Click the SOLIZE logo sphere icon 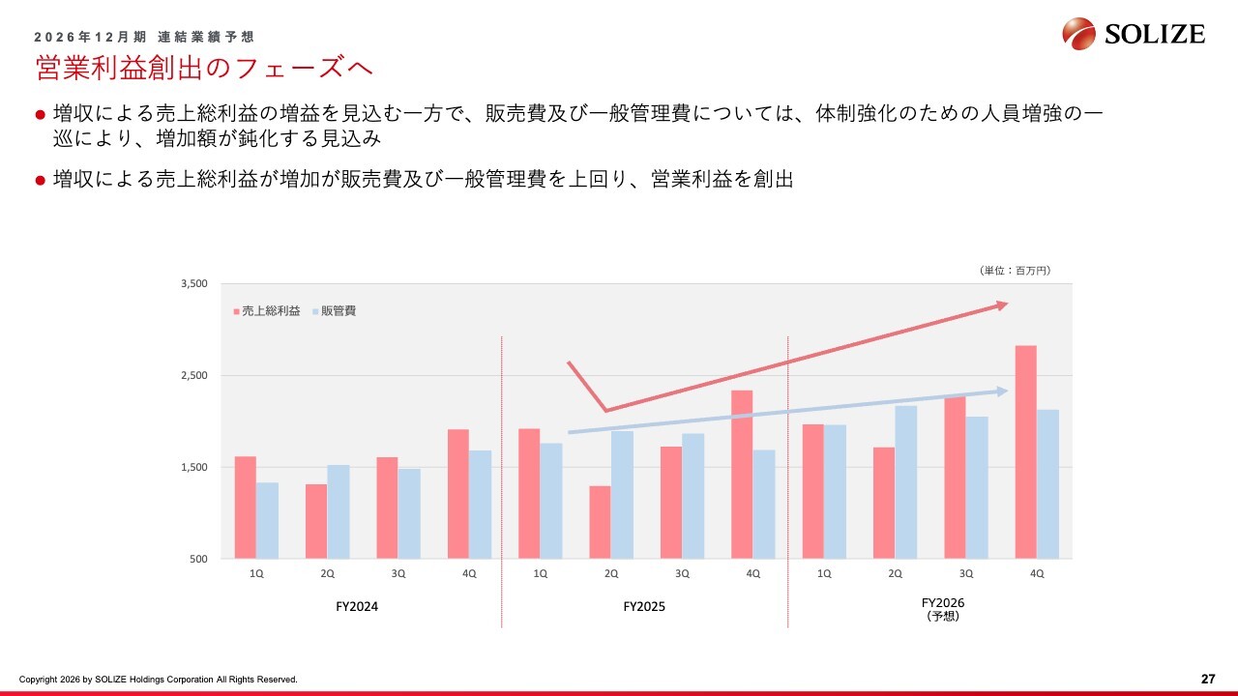click(x=1079, y=34)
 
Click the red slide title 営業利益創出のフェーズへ click(x=204, y=68)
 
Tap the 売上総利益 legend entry click(x=267, y=311)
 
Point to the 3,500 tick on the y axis click(x=194, y=284)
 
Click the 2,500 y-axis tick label click(x=194, y=376)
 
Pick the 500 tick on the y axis click(x=198, y=559)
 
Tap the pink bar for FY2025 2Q click(x=600, y=522)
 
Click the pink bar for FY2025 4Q click(x=742, y=474)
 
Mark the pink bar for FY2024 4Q click(x=458, y=493)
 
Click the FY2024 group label click(x=357, y=607)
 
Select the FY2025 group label click(x=644, y=607)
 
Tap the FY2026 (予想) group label click(x=942, y=608)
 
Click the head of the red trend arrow click(x=1003, y=304)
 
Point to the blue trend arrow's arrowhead click(x=1003, y=391)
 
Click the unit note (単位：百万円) click(x=1014, y=271)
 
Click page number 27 click(x=1207, y=679)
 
